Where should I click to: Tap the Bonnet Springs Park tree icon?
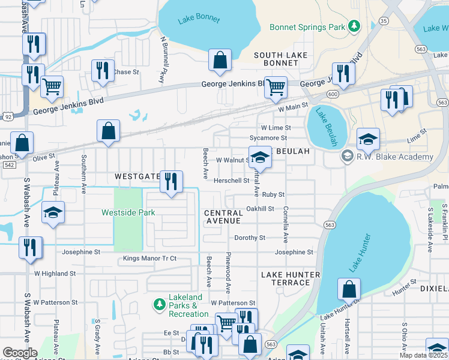[354, 26]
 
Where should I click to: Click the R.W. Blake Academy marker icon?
[346, 157]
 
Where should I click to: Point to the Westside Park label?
[128, 212]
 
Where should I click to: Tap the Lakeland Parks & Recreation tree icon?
[159, 305]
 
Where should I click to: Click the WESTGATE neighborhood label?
[137, 176]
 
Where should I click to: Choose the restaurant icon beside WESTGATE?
[172, 181]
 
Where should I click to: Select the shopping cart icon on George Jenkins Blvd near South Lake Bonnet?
[276, 86]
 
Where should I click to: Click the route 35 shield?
[383, 20]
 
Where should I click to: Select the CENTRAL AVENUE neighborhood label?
[224, 218]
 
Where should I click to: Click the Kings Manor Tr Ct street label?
[149, 259]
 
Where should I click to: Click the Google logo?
[20, 353]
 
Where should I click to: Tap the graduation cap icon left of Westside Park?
[53, 212]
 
